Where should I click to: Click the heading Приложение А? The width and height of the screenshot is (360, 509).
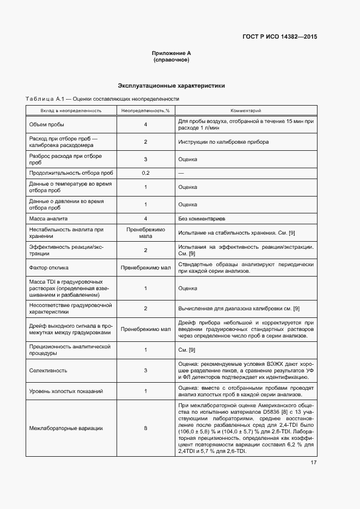tap(171, 53)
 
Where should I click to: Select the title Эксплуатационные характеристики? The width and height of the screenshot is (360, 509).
tap(172, 85)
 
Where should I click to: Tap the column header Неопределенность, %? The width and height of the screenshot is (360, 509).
tap(145, 111)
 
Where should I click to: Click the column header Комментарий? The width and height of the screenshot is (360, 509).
tap(246, 111)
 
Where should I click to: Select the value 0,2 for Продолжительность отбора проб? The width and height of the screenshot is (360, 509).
tap(145, 173)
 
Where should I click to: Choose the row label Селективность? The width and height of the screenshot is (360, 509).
tap(48, 371)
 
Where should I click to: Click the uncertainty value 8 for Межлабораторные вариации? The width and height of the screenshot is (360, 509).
tap(145, 428)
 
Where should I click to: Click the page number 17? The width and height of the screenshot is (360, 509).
tap(314, 463)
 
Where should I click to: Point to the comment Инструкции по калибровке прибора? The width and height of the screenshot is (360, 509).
tap(223, 142)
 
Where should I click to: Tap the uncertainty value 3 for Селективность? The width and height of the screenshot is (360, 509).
tap(145, 371)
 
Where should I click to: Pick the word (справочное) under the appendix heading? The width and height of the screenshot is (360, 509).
tap(171, 60)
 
